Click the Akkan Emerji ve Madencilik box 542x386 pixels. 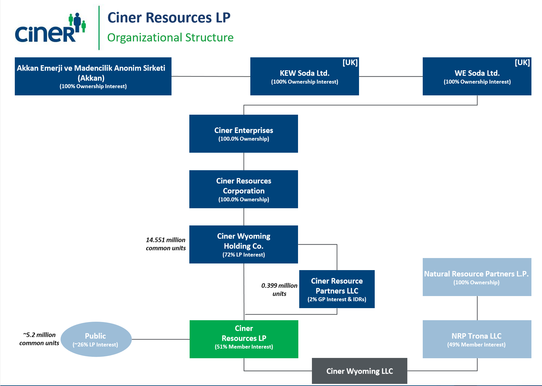pos(93,76)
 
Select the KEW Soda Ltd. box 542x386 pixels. pos(304,76)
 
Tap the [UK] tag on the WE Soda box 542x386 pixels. pos(522,62)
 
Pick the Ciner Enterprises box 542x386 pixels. pos(243,134)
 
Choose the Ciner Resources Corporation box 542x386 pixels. pos(243,189)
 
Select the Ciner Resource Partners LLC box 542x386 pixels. pos(337,289)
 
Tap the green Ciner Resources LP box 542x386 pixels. pos(244,339)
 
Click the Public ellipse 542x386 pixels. pos(96,339)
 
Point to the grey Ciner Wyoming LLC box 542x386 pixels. pos(359,371)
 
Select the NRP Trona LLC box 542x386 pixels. pos(476,339)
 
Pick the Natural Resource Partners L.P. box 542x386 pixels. pos(476,277)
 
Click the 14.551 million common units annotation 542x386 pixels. pos(166,244)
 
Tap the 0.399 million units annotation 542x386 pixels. pos(279,289)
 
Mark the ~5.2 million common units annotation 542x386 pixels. pos(39,339)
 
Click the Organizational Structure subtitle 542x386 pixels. pos(170,38)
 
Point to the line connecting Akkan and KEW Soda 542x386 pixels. pos(211,76)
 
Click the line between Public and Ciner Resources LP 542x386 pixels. pos(160,339)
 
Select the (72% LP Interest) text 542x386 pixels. pos(243,255)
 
